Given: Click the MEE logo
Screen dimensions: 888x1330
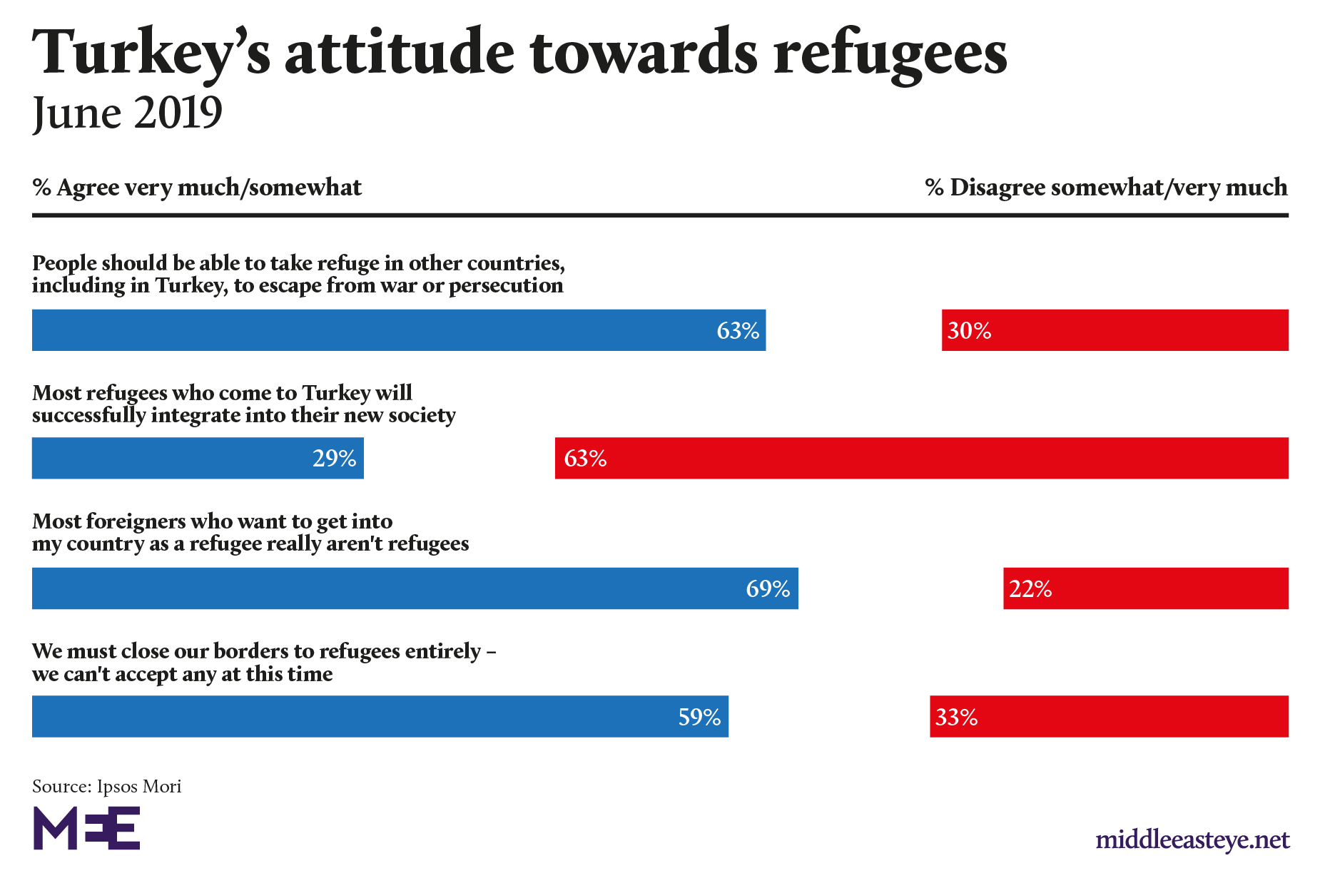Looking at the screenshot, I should click(86, 828).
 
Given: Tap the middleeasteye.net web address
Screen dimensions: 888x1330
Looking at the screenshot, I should click(1192, 840).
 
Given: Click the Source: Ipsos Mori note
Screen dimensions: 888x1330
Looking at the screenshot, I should click(106, 786).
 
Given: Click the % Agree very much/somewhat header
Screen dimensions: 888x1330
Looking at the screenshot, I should click(197, 188).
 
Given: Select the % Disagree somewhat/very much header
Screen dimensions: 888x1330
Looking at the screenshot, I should click(1106, 188).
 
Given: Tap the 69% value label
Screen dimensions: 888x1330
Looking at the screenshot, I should click(768, 588).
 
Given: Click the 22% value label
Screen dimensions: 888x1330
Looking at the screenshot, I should click(1030, 589).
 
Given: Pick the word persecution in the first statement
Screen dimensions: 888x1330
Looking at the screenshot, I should click(506, 286).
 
